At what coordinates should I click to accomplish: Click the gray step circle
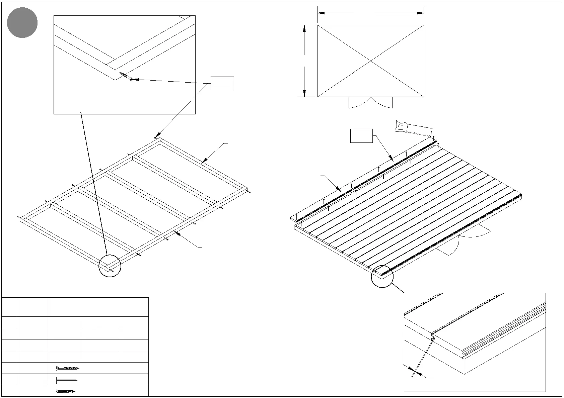[22, 23]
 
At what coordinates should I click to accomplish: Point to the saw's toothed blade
[419, 131]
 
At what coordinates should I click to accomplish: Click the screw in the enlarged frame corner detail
[126, 76]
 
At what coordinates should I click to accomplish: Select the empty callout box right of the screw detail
[222, 83]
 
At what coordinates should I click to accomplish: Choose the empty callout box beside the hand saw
[361, 136]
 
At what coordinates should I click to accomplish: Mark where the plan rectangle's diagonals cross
[370, 61]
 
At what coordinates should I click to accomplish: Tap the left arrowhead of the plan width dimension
[321, 13]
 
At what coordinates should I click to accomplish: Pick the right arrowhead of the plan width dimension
[420, 13]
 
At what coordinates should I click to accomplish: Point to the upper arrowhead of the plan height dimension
[304, 28]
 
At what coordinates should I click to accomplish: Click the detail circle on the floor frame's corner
[110, 266]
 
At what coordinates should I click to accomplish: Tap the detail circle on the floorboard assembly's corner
[382, 276]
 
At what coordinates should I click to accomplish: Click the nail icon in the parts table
[67, 380]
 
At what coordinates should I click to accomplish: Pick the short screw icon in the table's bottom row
[66, 391]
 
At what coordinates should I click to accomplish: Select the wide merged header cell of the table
[98, 307]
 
